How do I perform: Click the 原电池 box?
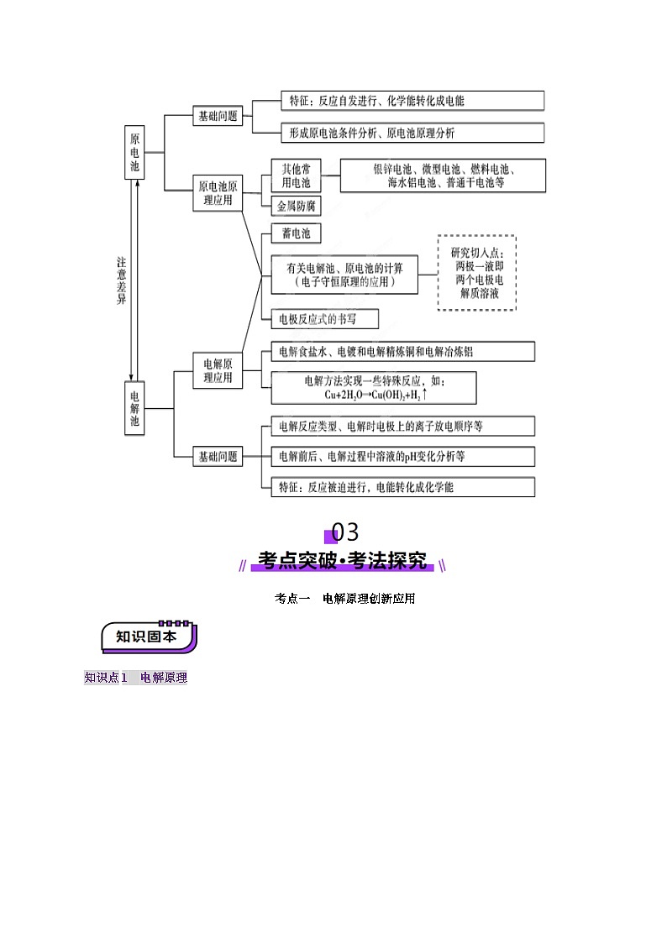pos(135,152)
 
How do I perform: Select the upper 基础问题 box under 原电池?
pos(218,117)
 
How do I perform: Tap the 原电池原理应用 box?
pos(218,193)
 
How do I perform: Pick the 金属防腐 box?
pos(296,206)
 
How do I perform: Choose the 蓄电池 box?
pos(295,234)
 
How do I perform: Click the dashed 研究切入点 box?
pos(477,273)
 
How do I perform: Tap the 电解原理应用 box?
pos(218,370)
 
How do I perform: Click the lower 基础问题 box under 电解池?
pos(218,457)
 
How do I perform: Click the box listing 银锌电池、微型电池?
pos(444,176)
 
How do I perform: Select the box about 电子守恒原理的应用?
pos(344,275)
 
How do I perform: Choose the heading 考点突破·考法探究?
pos(342,560)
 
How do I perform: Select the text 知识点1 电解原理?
pos(135,678)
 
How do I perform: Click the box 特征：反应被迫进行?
pos(402,486)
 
